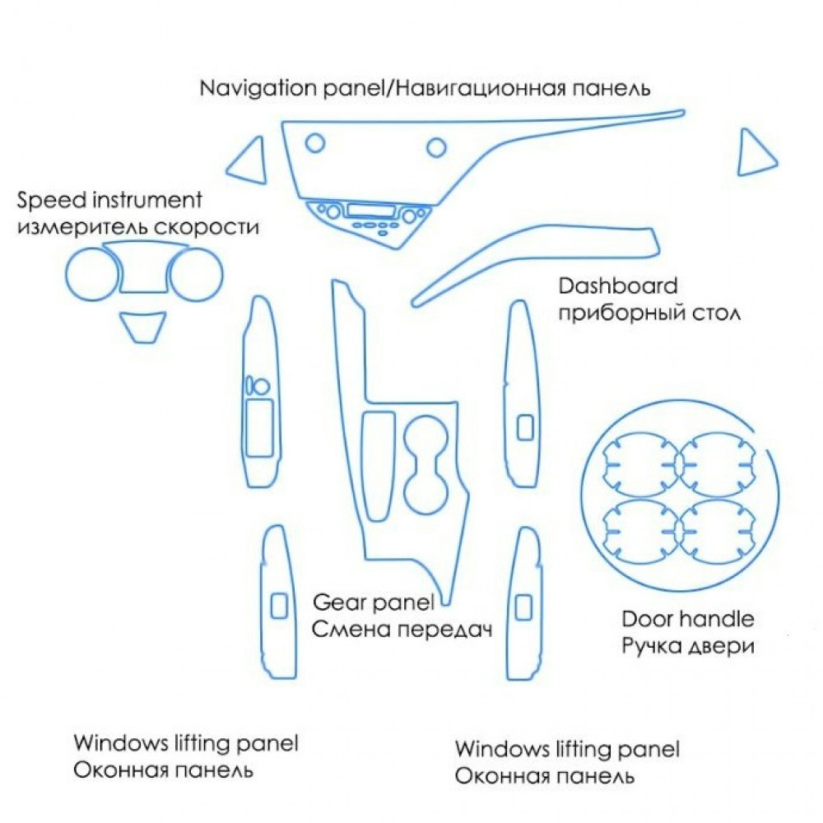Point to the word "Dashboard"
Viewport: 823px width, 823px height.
click(618, 287)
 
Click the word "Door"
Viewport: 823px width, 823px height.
click(645, 619)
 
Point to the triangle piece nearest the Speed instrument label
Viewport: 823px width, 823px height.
click(249, 160)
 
